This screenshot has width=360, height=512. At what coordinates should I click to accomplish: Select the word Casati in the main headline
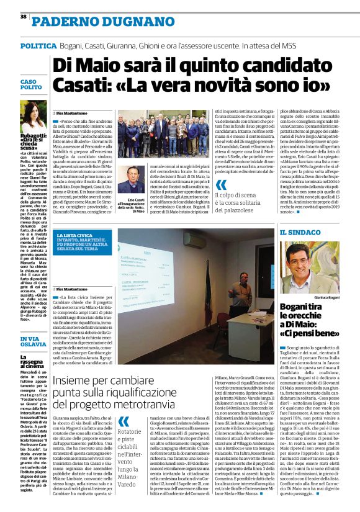click(x=80, y=84)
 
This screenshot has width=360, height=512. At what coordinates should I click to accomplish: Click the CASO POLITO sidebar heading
click(x=29, y=85)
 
